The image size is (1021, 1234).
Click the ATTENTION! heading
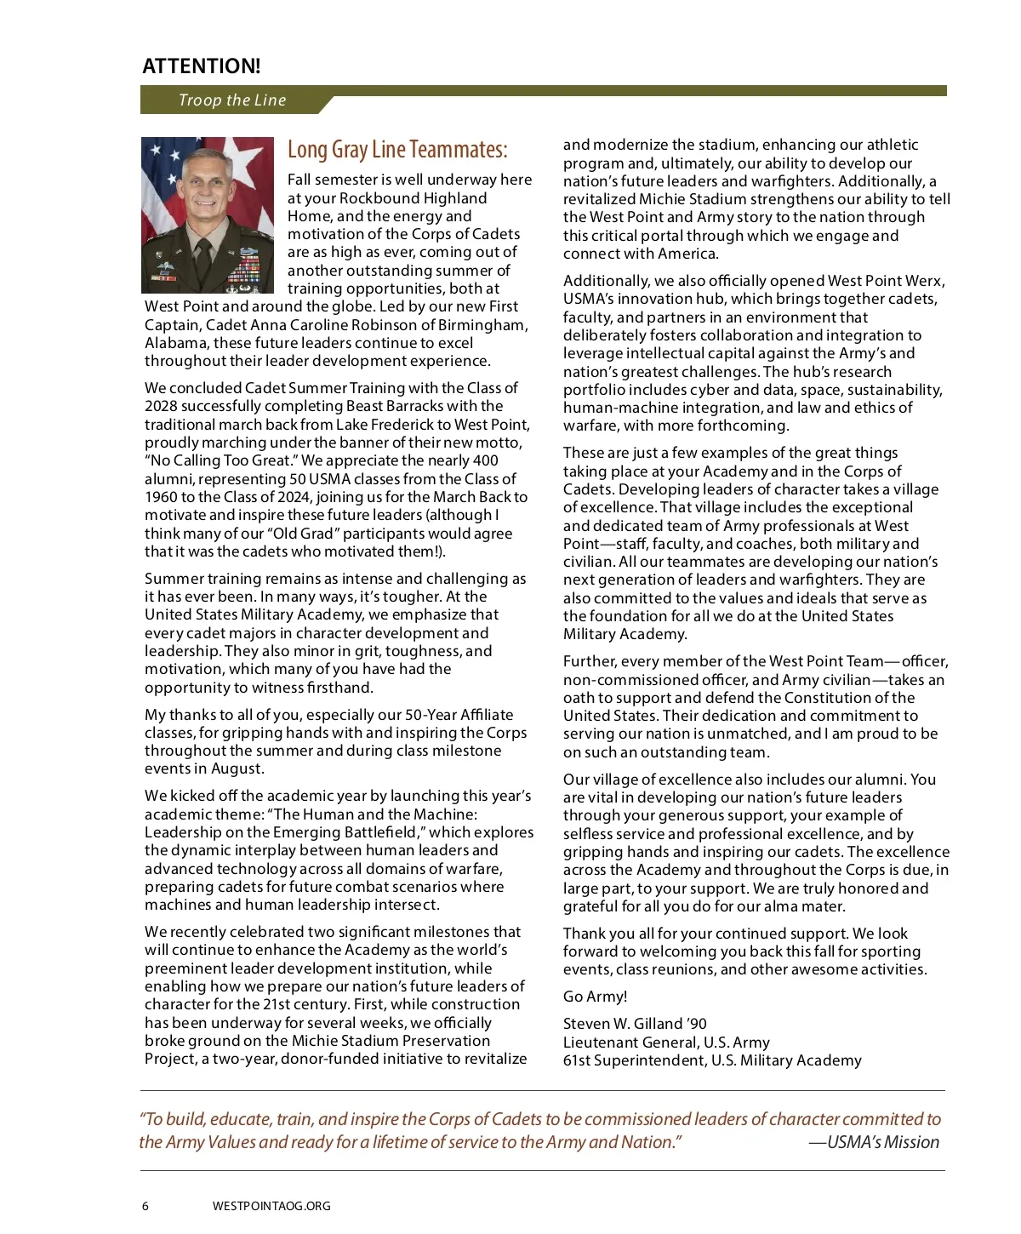pyautogui.click(x=202, y=66)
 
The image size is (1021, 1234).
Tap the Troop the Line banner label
pyautogui.click(x=232, y=100)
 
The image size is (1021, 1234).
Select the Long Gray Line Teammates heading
pyautogui.click(x=397, y=150)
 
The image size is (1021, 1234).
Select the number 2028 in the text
pyautogui.click(x=163, y=406)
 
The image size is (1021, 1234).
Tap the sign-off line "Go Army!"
pyautogui.click(x=595, y=997)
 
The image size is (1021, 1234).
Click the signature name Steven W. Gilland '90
pyautogui.click(x=635, y=1024)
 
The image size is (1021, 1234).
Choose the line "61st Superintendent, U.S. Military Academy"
pyautogui.click(x=712, y=1060)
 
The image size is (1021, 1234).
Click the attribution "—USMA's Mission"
pyautogui.click(x=874, y=1142)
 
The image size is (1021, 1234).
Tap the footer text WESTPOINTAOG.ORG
pyautogui.click(x=271, y=1206)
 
